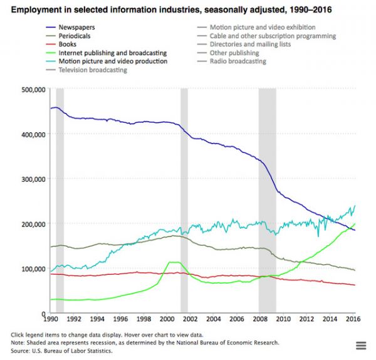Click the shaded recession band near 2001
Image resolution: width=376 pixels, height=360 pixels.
(x=184, y=201)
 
